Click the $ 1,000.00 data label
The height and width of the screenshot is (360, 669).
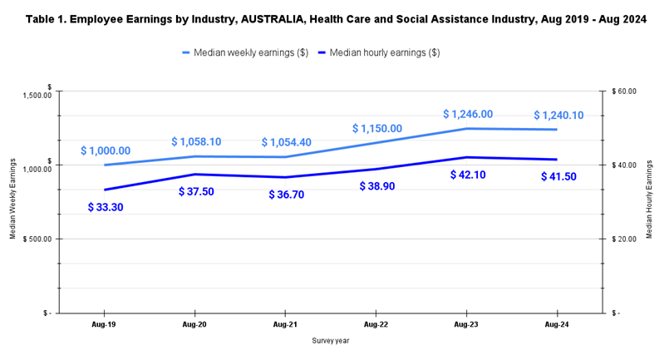(106, 150)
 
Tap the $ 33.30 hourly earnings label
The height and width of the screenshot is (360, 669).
(106, 207)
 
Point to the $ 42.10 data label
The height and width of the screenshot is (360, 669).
(468, 175)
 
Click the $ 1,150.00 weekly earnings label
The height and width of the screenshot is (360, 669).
(376, 129)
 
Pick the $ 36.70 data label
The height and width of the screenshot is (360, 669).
(287, 195)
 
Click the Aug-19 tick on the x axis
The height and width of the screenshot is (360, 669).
(104, 325)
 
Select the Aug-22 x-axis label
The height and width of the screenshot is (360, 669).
(376, 325)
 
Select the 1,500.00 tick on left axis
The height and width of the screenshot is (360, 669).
(34, 95)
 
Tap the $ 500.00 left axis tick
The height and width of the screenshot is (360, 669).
(36, 239)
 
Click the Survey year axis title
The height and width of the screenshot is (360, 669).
(331, 341)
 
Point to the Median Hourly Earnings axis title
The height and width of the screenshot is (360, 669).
(648, 202)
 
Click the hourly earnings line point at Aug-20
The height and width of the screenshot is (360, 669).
(195, 174)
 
